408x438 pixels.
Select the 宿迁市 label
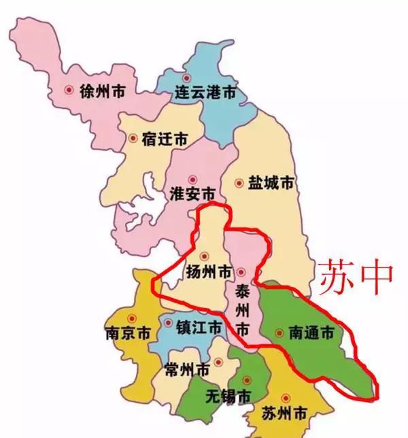pyautogui.click(x=165, y=139)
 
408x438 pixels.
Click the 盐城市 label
pyautogui.click(x=271, y=183)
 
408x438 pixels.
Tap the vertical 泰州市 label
pyautogui.click(x=242, y=310)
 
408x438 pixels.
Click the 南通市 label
pyautogui.click(x=311, y=333)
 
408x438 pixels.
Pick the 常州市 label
pyautogui.click(x=187, y=370)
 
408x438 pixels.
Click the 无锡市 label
pyautogui.click(x=227, y=396)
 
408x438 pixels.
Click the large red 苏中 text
pyautogui.click(x=356, y=274)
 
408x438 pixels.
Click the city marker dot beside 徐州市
pyautogui.click(x=69, y=90)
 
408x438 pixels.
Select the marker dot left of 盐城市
pyautogui.click(x=239, y=183)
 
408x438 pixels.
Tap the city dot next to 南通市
pyautogui.click(x=279, y=333)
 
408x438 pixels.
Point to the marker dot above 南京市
pyautogui.click(x=133, y=318)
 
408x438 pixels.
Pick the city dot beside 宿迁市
pyautogui.click(x=132, y=138)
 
